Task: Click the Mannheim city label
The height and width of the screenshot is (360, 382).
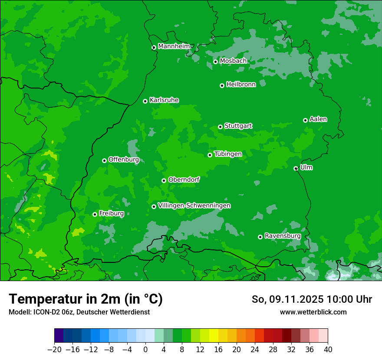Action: coord(175,46)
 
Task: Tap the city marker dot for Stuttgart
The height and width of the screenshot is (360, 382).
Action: coord(221,127)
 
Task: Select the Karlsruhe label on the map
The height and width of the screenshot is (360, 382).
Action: coord(164,100)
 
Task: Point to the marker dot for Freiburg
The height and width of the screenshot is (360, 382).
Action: coord(95,214)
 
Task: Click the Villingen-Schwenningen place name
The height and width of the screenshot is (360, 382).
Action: coord(194,206)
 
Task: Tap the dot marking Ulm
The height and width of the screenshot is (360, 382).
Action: coord(296,168)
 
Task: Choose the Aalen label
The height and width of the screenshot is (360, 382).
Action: coord(318,119)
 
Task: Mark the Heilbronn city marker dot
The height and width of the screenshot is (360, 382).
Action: coord(222,85)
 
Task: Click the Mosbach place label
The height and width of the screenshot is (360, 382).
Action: coord(233,61)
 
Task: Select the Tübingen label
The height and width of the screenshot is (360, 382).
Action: coord(228,154)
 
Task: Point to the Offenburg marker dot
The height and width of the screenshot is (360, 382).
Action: coord(104,160)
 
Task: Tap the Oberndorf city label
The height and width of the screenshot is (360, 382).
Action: coord(184,180)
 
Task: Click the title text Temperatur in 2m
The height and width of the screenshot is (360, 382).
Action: coord(86,299)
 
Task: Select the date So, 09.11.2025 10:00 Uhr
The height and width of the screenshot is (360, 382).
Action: coord(312,299)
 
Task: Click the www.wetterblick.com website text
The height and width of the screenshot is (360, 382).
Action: coord(313,312)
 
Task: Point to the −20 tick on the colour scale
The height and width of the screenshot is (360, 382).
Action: coord(54,349)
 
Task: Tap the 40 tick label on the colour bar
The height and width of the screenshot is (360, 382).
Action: coord(328,349)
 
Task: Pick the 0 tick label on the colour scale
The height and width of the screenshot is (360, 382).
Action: coord(145,349)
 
